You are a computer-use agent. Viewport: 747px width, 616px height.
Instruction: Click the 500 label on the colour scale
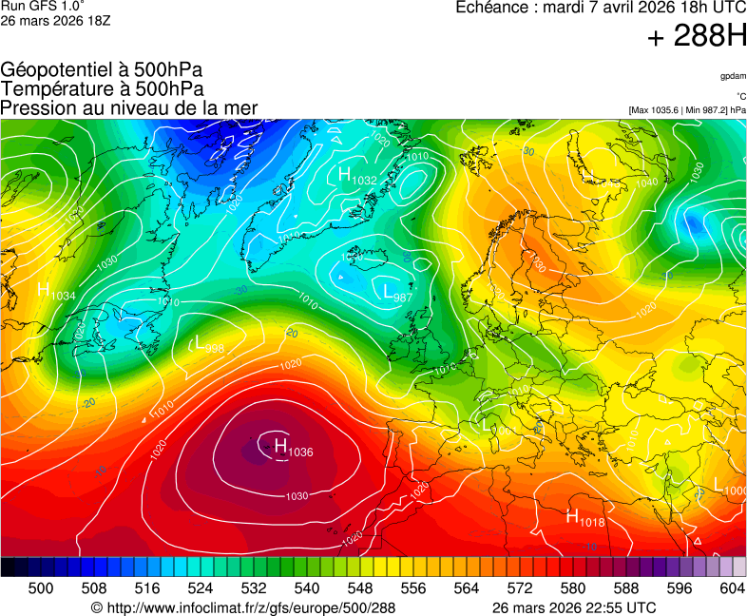tap(41, 588)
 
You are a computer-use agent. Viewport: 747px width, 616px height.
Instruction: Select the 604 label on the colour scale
tap(732, 588)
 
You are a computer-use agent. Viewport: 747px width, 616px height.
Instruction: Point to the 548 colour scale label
tap(348, 588)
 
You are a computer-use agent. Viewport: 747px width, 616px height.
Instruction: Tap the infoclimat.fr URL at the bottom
tap(243, 607)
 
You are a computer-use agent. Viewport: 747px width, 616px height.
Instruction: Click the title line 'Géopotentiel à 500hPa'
tap(102, 69)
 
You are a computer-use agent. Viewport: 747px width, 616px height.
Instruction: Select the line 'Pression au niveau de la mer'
tap(129, 107)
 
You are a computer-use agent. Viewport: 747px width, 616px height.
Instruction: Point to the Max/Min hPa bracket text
tap(687, 110)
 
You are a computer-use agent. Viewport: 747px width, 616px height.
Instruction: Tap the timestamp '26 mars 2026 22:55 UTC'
tap(574, 607)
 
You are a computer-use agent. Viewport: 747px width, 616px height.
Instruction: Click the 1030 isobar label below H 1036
tap(297, 496)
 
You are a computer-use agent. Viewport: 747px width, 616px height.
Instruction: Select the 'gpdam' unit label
tap(732, 75)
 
